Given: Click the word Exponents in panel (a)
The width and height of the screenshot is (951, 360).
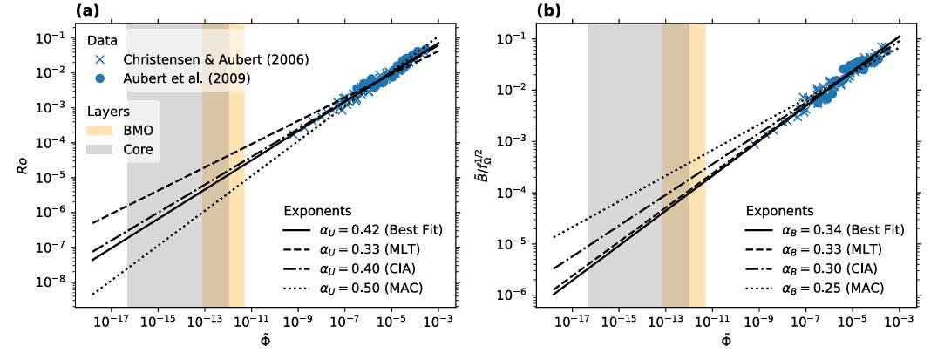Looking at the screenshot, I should coord(318,211).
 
